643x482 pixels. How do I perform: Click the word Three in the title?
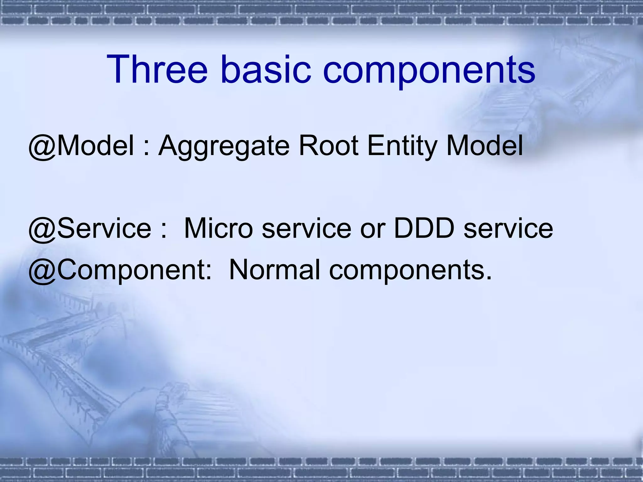point(157,70)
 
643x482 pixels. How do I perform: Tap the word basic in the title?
point(266,70)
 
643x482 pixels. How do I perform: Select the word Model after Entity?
point(484,146)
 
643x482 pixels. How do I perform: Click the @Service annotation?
point(90,228)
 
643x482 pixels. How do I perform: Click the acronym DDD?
point(424,228)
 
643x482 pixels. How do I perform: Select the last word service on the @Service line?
point(508,228)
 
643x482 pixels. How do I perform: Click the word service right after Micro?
point(306,228)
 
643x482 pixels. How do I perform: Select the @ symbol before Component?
point(42,270)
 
